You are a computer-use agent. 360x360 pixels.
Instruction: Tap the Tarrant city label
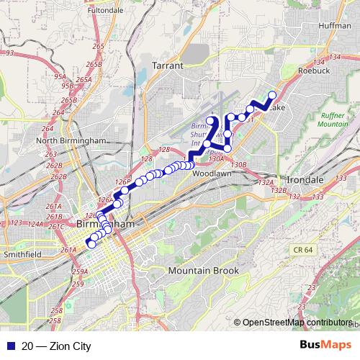[169, 65]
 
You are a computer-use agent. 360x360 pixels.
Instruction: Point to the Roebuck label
[313, 71]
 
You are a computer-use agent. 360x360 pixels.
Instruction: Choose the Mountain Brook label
[203, 270]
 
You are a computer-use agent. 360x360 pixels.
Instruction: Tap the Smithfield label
[21, 253]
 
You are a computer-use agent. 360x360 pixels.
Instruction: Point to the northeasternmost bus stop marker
[272, 96]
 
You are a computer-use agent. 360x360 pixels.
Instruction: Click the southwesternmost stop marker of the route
[91, 244]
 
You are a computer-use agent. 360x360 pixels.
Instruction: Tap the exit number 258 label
[56, 311]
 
